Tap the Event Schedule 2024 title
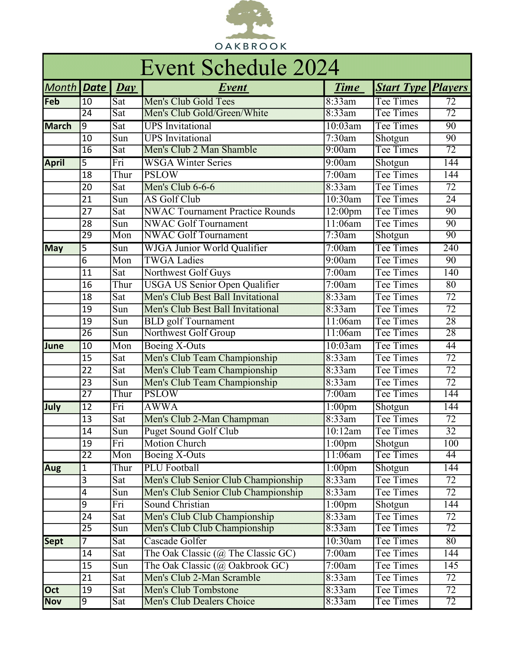tap(240, 68)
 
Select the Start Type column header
tap(401, 88)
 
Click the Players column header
tap(450, 88)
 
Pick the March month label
tap(58, 126)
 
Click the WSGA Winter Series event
tap(188, 163)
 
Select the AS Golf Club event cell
tap(172, 199)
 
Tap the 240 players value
tap(451, 248)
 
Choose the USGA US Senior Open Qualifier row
tap(212, 285)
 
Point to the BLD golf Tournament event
tap(189, 321)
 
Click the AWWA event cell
tap(161, 407)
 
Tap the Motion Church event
tap(175, 444)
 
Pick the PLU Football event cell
tap(171, 468)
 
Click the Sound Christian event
tap(177, 505)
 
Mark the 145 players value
tap(451, 566)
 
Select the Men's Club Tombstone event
tap(191, 590)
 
